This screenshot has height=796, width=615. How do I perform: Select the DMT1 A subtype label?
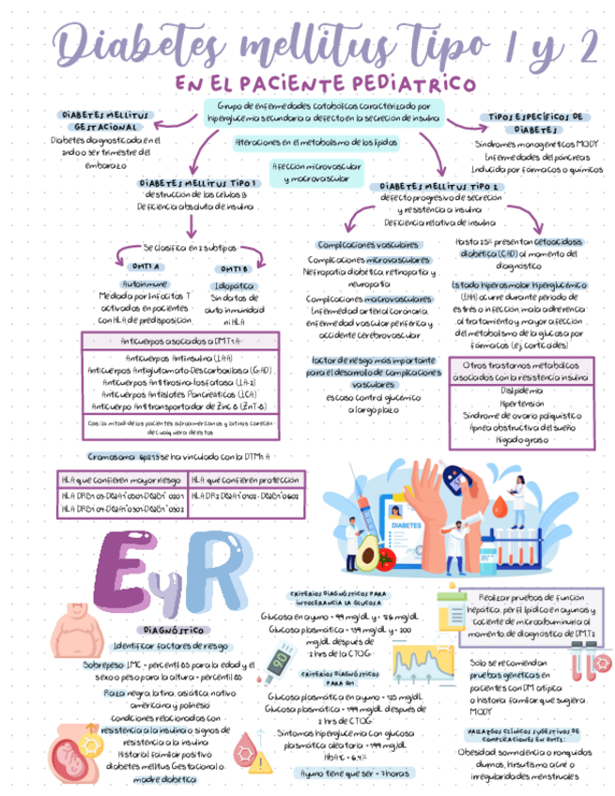pyautogui.click(x=146, y=267)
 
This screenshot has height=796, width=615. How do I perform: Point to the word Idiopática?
pyautogui.click(x=233, y=283)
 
